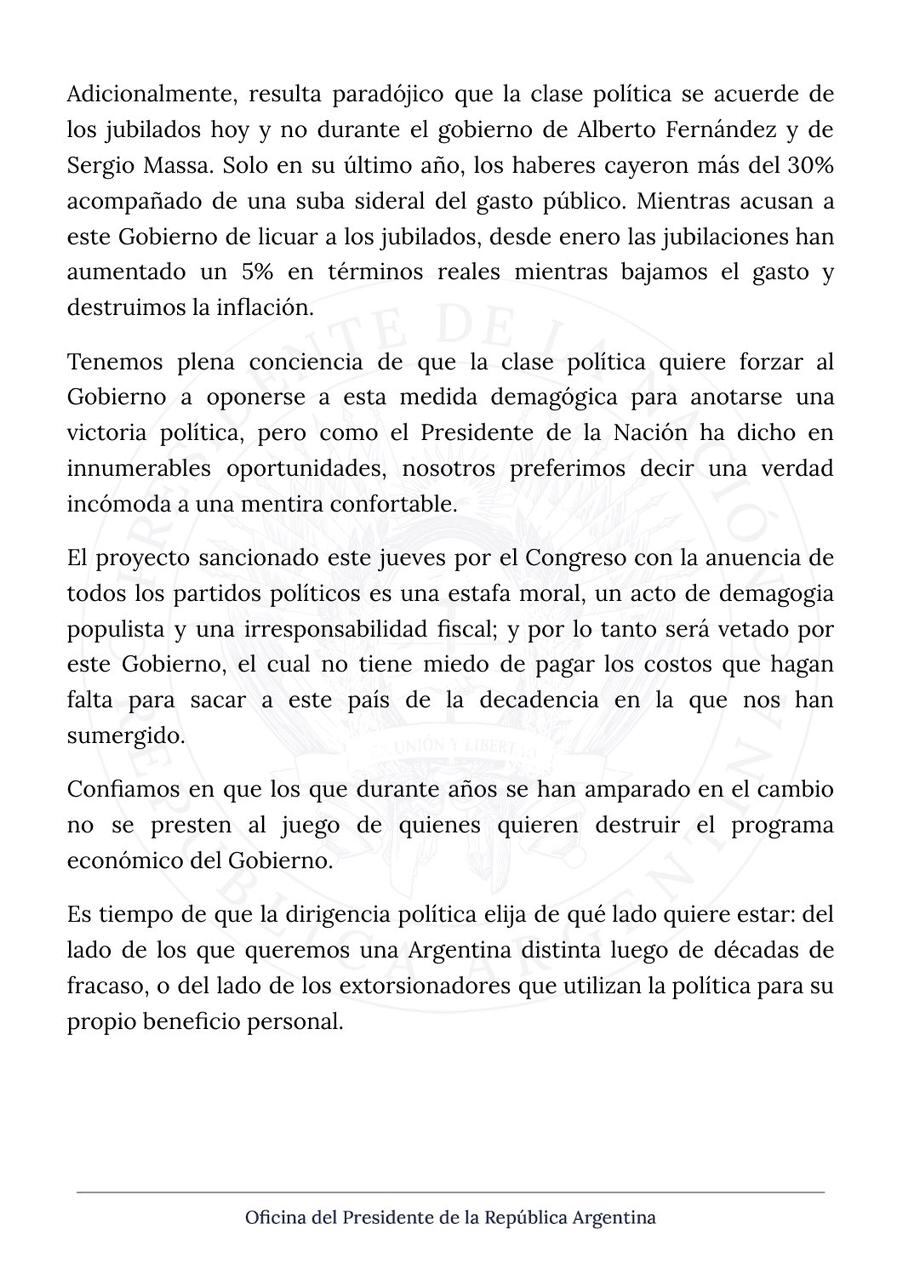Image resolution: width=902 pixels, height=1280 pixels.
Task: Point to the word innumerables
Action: point(139,468)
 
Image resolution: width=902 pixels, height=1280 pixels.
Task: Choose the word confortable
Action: point(397,504)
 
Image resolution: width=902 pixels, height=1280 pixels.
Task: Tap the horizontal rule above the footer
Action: point(450,1192)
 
